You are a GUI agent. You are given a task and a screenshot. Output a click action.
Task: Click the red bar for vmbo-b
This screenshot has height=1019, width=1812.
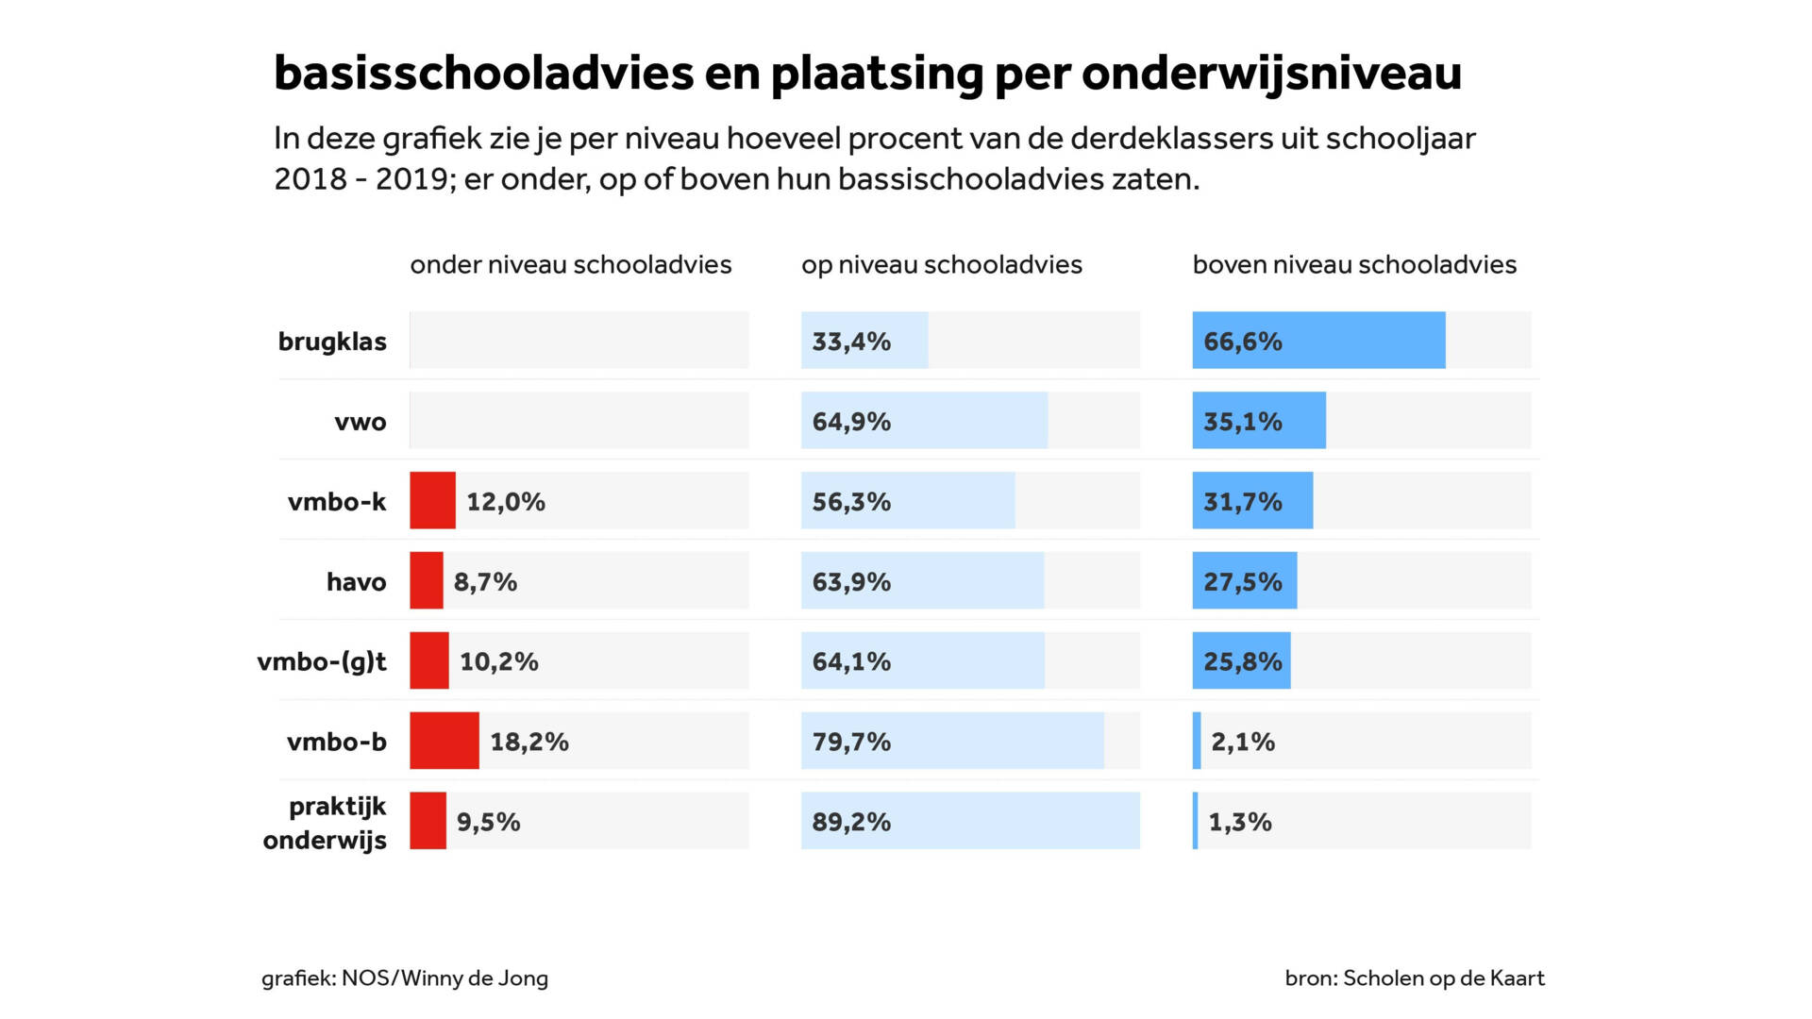(x=444, y=741)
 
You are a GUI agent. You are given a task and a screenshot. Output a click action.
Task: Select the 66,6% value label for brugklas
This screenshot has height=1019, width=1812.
(x=1242, y=342)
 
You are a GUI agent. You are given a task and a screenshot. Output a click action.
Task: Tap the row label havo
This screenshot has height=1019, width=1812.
(x=356, y=582)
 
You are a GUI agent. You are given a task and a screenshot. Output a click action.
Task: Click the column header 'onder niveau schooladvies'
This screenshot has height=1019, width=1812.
(x=570, y=265)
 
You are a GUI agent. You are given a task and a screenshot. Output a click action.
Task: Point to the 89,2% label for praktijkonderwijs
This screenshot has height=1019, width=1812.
(x=850, y=822)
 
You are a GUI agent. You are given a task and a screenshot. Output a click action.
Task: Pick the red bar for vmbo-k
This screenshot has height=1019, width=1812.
(x=432, y=501)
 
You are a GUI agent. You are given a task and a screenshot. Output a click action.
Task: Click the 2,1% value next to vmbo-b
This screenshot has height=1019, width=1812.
(x=1242, y=742)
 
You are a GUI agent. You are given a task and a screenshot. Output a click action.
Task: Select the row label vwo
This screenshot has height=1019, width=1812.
(x=360, y=422)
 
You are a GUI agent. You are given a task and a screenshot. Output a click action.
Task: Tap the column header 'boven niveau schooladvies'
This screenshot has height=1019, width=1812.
(x=1353, y=265)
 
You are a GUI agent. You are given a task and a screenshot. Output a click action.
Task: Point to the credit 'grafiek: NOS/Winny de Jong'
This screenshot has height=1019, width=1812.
(x=404, y=978)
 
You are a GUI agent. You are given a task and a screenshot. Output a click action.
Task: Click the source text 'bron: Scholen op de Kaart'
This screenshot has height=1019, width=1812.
(x=1414, y=978)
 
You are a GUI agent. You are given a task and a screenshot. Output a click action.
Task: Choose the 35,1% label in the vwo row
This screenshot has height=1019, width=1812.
(x=1242, y=422)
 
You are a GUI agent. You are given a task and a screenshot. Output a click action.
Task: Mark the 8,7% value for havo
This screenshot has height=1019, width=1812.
(x=484, y=582)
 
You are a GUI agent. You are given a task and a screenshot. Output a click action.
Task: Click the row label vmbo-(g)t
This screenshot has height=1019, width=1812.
(x=322, y=661)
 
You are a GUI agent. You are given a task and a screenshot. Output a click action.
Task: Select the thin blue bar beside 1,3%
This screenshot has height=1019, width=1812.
(x=1196, y=821)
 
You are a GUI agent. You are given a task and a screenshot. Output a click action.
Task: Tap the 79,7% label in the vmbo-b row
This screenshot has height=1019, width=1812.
(x=850, y=742)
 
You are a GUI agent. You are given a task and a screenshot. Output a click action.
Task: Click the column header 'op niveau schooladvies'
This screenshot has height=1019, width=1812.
(x=941, y=265)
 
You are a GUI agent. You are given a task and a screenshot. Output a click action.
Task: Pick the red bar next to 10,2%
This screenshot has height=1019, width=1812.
(x=428, y=660)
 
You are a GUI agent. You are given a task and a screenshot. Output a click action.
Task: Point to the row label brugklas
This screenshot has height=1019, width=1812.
(x=331, y=342)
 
